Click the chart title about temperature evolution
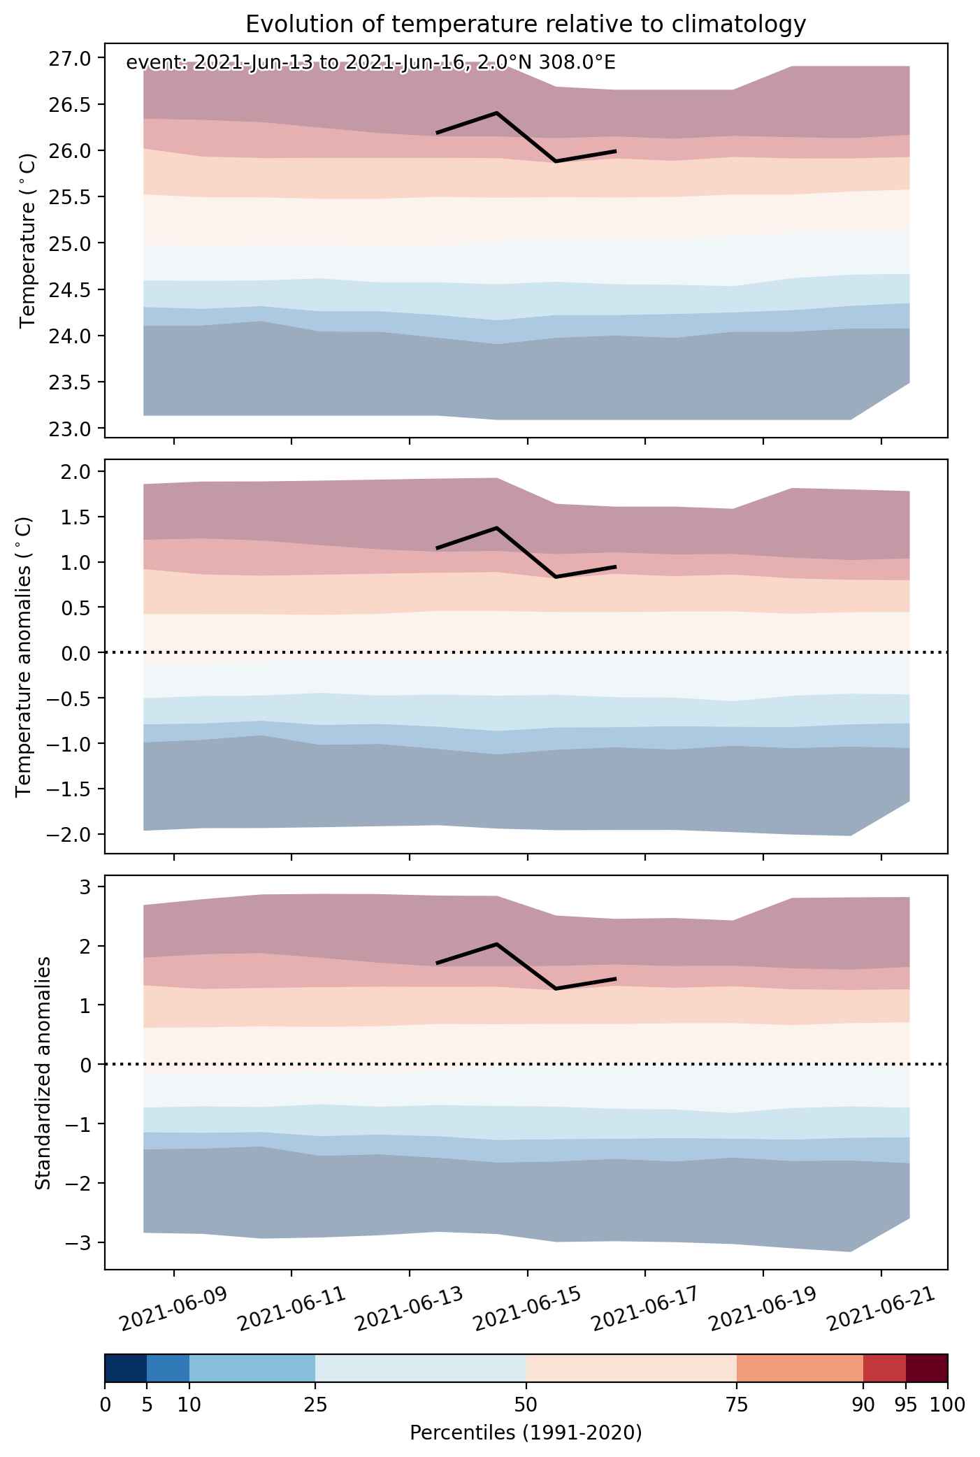tap(526, 24)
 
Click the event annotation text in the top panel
tap(370, 63)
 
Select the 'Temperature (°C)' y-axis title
tap(28, 241)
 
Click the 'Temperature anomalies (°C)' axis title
tap(24, 656)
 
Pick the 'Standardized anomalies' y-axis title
tap(43, 1072)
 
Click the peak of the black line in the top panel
tap(496, 113)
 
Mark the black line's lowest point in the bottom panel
tap(556, 989)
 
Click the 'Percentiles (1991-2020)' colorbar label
tap(526, 1433)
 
